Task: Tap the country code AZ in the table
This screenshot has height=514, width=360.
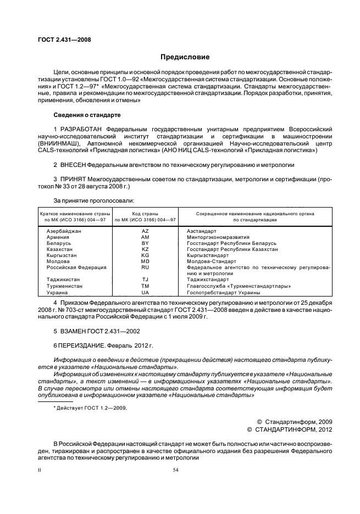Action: [145, 231]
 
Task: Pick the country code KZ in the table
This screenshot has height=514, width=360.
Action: [145, 249]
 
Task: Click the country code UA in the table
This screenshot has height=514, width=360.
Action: [145, 293]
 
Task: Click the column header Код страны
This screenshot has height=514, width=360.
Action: [145, 213]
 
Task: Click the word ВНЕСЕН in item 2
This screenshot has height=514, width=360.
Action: [74, 164]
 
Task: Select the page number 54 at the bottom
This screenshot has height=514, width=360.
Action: [176, 470]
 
